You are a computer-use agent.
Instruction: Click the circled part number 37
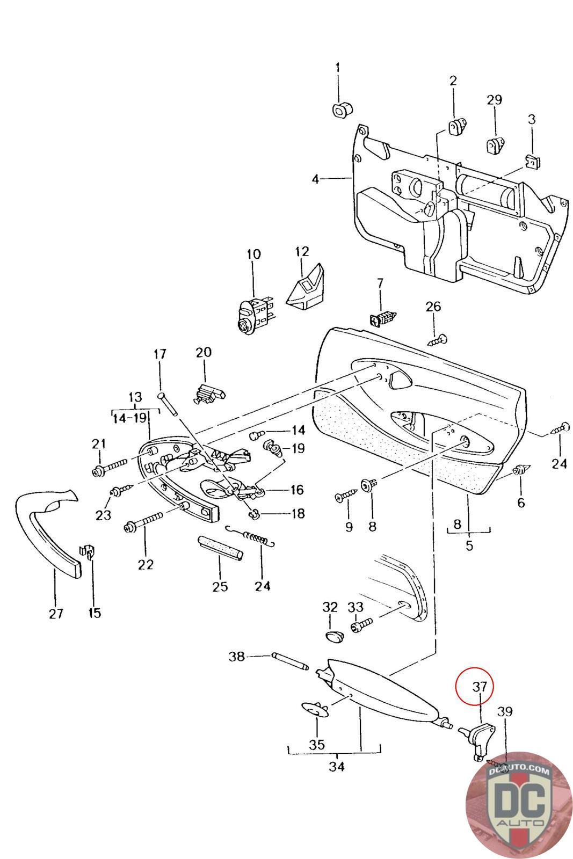click(x=479, y=687)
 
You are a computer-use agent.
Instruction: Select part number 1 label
click(x=337, y=68)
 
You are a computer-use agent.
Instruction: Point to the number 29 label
click(x=494, y=100)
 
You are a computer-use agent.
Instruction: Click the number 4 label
click(x=315, y=179)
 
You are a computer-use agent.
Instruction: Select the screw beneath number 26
click(x=437, y=340)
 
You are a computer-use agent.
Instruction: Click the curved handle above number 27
click(x=48, y=533)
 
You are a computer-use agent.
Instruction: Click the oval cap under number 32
click(x=334, y=637)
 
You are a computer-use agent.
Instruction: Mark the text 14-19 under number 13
click(x=129, y=418)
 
